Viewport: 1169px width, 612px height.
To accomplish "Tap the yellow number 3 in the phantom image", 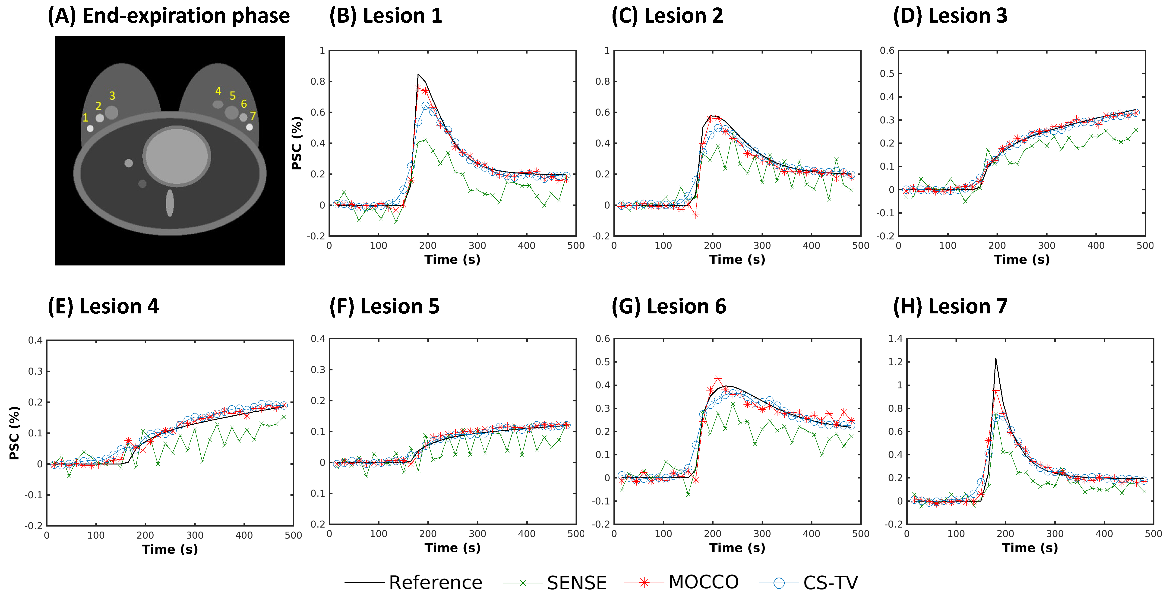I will tap(112, 96).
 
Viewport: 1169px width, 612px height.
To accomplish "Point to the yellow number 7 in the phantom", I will tap(253, 116).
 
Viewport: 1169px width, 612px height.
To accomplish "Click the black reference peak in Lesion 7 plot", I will tap(996, 359).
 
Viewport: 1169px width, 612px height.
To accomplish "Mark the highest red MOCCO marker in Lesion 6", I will tap(717, 378).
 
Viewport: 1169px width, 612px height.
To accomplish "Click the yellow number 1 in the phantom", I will tap(85, 118).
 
